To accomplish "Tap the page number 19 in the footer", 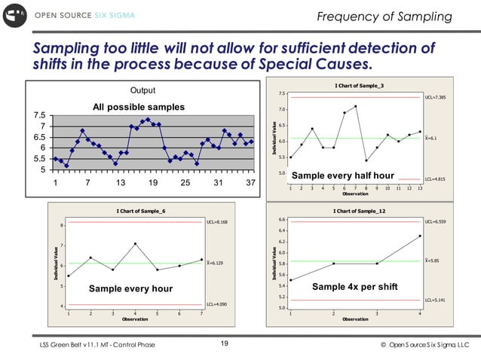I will pyautogui.click(x=224, y=344).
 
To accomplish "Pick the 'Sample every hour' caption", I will pyautogui.click(x=130, y=288).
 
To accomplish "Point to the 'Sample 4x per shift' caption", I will pyautogui.click(x=348, y=287).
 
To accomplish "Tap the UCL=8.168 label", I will pyautogui.click(x=217, y=223).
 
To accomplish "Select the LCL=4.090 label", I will pyautogui.click(x=217, y=304).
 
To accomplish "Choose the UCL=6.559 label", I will pyautogui.click(x=436, y=223).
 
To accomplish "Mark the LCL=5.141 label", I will pyautogui.click(x=436, y=300).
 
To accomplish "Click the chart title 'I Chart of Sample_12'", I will pyautogui.click(x=360, y=211).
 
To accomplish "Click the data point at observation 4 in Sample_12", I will pyautogui.click(x=420, y=236).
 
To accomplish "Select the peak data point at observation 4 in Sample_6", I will pyautogui.click(x=135, y=244).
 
